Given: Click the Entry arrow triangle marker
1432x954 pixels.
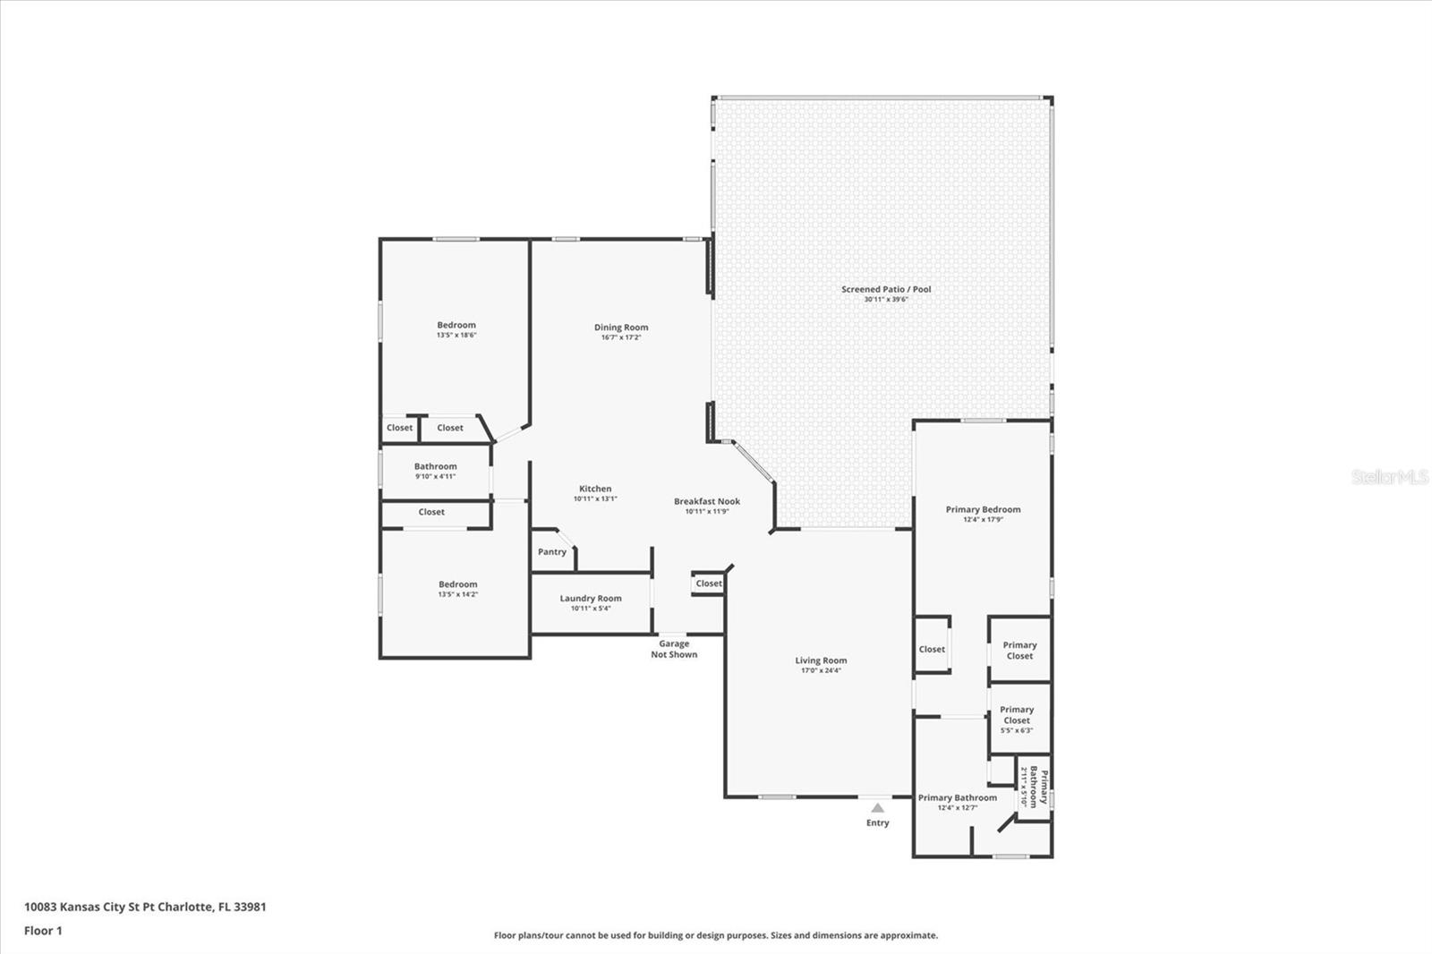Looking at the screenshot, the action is tap(878, 807).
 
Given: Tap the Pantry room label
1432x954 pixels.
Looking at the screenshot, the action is tap(551, 552).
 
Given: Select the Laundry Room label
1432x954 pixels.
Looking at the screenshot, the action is tap(591, 599).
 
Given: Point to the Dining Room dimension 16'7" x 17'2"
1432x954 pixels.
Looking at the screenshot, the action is tap(621, 337).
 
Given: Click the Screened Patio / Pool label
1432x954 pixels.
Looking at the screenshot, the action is tap(886, 290).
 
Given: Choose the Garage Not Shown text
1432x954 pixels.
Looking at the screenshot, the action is tap(674, 649).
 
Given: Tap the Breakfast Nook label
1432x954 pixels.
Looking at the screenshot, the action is tap(707, 501).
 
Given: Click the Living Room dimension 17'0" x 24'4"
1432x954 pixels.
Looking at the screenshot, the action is tap(821, 670).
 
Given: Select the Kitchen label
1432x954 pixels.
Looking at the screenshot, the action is tap(595, 489).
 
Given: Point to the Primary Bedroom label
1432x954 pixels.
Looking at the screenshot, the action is tap(984, 509).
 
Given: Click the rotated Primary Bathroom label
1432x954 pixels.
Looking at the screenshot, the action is tap(1039, 788).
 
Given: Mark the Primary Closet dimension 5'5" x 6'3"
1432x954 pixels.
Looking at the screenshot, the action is tap(1017, 730).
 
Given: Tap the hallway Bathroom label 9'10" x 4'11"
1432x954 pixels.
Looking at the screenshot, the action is tap(435, 467).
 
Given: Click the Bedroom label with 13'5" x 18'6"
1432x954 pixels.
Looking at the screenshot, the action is tap(456, 325).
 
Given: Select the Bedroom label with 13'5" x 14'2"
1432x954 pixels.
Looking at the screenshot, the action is tap(457, 584).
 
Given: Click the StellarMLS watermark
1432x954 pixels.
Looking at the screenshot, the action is tap(1389, 477).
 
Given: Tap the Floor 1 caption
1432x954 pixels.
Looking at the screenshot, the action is tap(44, 931).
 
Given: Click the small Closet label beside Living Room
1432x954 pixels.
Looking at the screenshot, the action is tap(709, 583).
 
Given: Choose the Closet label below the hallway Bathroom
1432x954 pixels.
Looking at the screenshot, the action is tap(431, 512).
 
